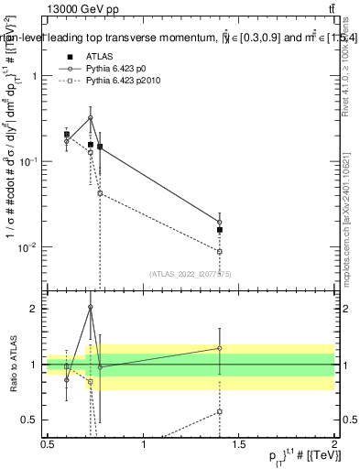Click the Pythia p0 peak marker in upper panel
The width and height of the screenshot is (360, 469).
tap(91, 117)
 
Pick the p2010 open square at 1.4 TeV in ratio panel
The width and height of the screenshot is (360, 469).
tap(220, 411)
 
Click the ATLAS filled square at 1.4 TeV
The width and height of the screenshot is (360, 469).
tap(220, 230)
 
